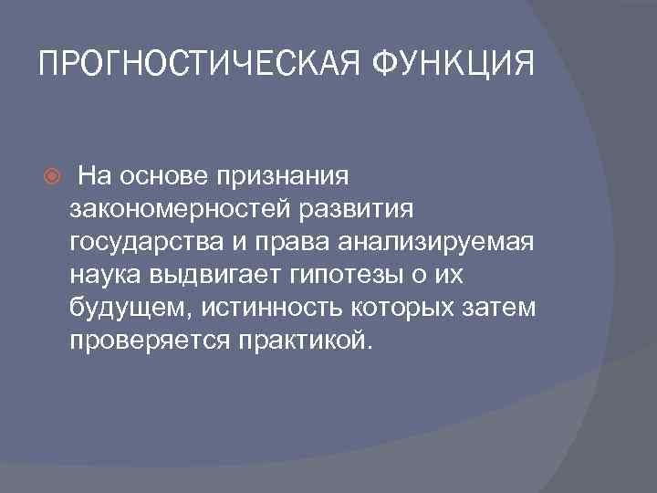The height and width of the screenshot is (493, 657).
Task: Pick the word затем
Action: [x=501, y=308]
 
